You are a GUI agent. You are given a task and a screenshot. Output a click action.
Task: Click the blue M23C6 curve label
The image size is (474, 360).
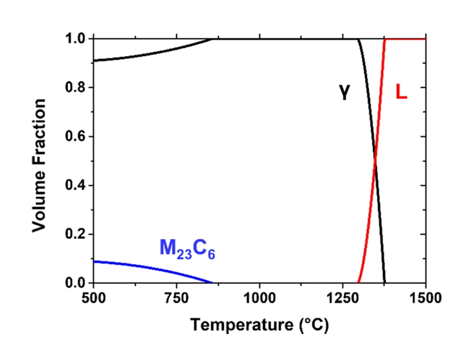click(187, 248)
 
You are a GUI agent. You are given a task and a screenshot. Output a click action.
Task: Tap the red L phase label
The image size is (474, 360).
click(400, 91)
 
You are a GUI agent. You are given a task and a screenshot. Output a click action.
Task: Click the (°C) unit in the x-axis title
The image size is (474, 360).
click(311, 326)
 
